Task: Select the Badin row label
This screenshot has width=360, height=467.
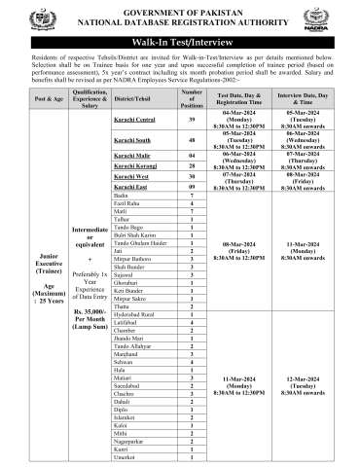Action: coord(123,198)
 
